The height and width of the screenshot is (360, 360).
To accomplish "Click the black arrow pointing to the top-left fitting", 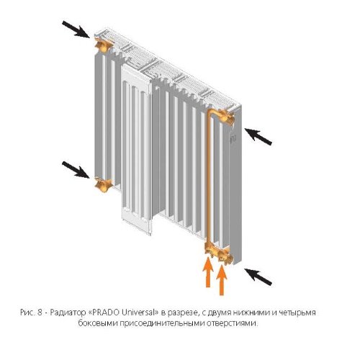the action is pyautogui.click(x=76, y=30).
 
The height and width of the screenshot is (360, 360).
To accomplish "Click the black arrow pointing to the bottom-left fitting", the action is pyautogui.click(x=76, y=170).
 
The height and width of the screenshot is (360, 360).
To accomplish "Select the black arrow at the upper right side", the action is pyautogui.click(x=258, y=137).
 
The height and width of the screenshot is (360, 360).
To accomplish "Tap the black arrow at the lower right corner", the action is pyautogui.click(x=258, y=277).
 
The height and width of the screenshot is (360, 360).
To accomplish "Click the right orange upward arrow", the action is pyautogui.click(x=222, y=281).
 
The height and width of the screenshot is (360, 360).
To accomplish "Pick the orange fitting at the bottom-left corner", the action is pyautogui.click(x=104, y=185).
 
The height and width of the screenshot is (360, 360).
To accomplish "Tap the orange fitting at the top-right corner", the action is pyautogui.click(x=227, y=117).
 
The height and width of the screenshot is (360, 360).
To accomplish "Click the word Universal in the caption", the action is pyautogui.click(x=139, y=312).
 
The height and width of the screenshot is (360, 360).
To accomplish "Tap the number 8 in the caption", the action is pyautogui.click(x=40, y=312).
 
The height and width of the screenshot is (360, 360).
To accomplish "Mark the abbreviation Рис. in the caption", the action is pyautogui.click(x=27, y=313).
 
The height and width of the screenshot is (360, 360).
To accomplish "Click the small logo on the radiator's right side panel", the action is pyautogui.click(x=233, y=140).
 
